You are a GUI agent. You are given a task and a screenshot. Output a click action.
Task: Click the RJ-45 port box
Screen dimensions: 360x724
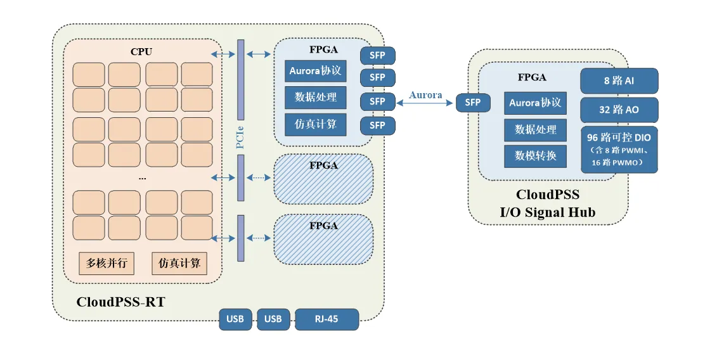327,319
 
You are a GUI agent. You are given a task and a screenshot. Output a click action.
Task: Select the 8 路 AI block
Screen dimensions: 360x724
619,81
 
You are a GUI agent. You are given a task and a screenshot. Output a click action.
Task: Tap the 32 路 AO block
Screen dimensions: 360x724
619,110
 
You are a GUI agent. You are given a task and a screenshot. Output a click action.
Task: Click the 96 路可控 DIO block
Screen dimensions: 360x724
619,150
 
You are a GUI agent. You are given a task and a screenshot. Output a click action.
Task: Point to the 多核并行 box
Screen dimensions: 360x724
107,263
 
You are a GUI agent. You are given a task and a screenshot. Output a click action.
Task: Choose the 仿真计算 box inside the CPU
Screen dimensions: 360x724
179,263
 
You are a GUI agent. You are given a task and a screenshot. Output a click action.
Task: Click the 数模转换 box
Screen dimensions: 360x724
535,155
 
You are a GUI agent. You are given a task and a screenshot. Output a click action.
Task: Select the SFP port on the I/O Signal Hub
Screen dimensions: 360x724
473,102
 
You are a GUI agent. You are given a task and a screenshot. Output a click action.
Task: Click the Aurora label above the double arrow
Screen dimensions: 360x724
425,95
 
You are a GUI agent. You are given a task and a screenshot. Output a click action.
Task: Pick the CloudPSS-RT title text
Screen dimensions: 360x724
120,302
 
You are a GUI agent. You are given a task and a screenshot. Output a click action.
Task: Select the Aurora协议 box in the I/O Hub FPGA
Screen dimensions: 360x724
535,103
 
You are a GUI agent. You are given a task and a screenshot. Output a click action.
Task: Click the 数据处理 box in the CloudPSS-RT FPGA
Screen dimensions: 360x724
316,98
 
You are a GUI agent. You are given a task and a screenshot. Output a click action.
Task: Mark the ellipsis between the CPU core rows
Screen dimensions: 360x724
142,179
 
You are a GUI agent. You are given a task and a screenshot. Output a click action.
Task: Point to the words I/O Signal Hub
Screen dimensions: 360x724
548,212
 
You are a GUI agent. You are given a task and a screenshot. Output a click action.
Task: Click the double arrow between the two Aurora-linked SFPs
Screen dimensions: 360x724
425,103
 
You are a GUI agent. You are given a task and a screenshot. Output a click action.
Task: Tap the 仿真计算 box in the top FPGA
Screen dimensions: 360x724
316,124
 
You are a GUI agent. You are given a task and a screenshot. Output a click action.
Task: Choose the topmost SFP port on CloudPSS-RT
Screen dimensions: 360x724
377,55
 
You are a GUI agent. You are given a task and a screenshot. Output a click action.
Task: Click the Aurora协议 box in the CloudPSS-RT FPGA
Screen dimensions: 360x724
316,71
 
